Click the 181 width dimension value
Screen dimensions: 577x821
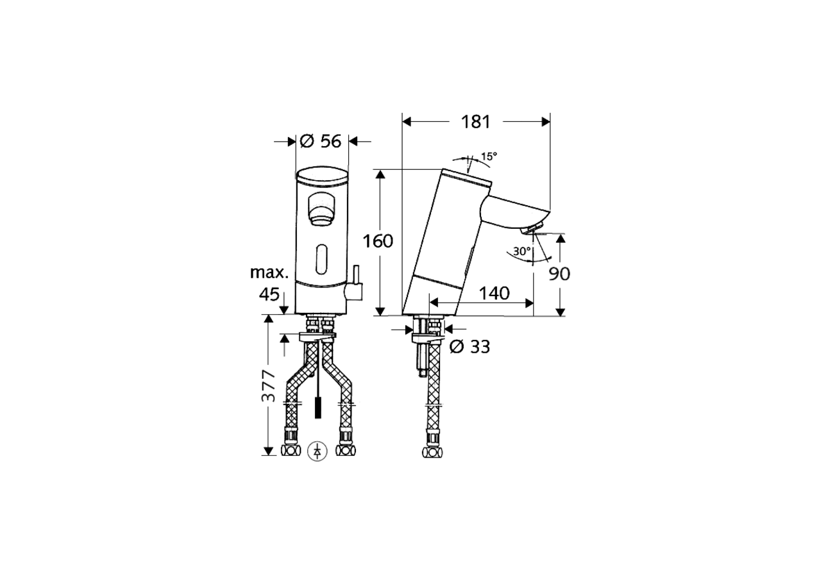coord(475,121)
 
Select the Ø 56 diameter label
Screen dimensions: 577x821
coord(321,141)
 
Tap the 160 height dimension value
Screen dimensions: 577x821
coord(378,241)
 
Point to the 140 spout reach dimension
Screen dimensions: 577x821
coord(494,293)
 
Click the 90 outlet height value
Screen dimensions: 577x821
coord(559,274)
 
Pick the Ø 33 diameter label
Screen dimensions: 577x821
coord(470,347)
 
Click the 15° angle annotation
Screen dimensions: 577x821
coord(489,156)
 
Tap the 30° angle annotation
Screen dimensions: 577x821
coord(521,251)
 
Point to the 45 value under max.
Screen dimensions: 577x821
coord(269,294)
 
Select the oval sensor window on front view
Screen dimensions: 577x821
coord(323,260)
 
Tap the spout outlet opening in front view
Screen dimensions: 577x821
coord(322,210)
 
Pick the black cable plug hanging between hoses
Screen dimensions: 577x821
coord(317,408)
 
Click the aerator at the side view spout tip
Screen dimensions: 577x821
coord(532,230)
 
